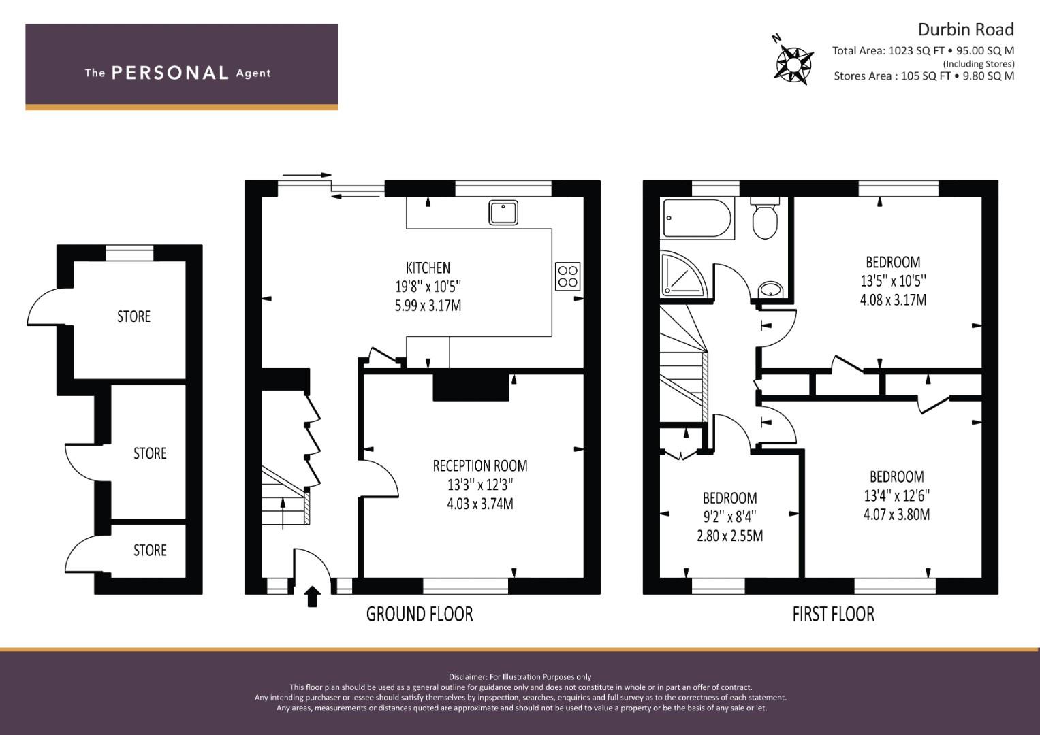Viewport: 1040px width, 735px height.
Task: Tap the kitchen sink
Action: click(x=503, y=212)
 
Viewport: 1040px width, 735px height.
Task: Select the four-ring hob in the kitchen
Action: click(x=568, y=276)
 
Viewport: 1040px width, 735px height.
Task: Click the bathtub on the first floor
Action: click(x=698, y=218)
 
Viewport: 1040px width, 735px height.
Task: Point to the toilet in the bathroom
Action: click(x=765, y=218)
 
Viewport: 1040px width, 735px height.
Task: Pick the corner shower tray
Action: click(x=684, y=274)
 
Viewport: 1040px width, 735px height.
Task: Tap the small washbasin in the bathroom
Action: click(x=771, y=291)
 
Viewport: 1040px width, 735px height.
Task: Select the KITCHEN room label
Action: click(x=428, y=267)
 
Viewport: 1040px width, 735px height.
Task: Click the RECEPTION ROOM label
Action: click(x=480, y=466)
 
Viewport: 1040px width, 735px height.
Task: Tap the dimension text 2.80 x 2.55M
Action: click(x=730, y=536)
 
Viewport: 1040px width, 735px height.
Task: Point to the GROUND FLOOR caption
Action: click(x=420, y=615)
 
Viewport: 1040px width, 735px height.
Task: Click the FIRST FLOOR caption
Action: click(x=834, y=615)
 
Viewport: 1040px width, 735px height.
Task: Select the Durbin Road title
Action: click(x=966, y=30)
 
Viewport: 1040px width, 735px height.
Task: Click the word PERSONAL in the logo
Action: click(x=170, y=73)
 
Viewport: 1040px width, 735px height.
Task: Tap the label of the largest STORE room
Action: click(x=133, y=316)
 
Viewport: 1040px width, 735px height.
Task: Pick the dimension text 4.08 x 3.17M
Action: click(x=894, y=299)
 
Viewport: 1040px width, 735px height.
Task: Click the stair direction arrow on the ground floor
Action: click(x=283, y=514)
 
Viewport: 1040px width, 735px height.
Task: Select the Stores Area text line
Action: click(x=924, y=76)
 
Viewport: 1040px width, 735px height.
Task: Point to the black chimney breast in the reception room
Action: click(x=471, y=387)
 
